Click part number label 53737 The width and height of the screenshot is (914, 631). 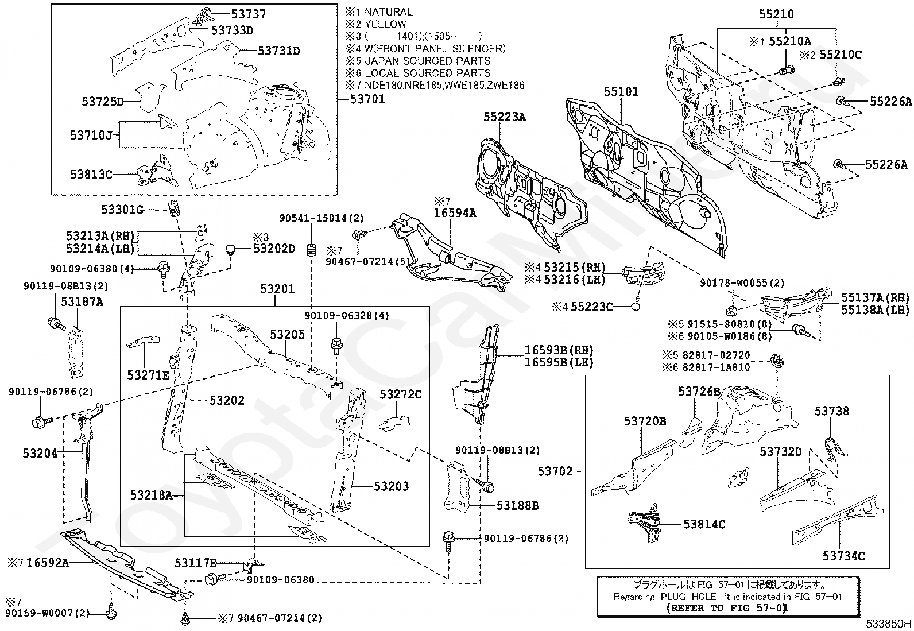[248, 14]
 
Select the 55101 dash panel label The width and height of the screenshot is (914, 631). [621, 91]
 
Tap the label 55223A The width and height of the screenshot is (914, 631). [505, 117]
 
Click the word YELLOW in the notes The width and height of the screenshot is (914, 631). [385, 24]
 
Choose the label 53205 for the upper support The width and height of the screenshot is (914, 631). [287, 334]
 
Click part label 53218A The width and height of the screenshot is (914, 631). [152, 495]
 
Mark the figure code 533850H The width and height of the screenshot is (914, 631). [889, 623]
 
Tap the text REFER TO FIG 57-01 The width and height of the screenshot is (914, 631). [727, 607]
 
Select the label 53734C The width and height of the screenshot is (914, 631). [844, 556]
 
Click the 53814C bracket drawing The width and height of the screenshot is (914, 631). [645, 523]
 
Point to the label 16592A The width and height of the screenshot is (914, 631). [48, 563]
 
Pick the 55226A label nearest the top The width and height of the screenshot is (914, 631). [890, 101]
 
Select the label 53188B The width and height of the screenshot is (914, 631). [517, 506]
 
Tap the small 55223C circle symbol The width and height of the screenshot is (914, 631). [636, 306]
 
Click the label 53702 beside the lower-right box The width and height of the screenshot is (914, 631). [555, 471]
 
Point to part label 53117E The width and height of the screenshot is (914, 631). [195, 563]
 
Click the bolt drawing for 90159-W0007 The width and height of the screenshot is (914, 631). [110, 612]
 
